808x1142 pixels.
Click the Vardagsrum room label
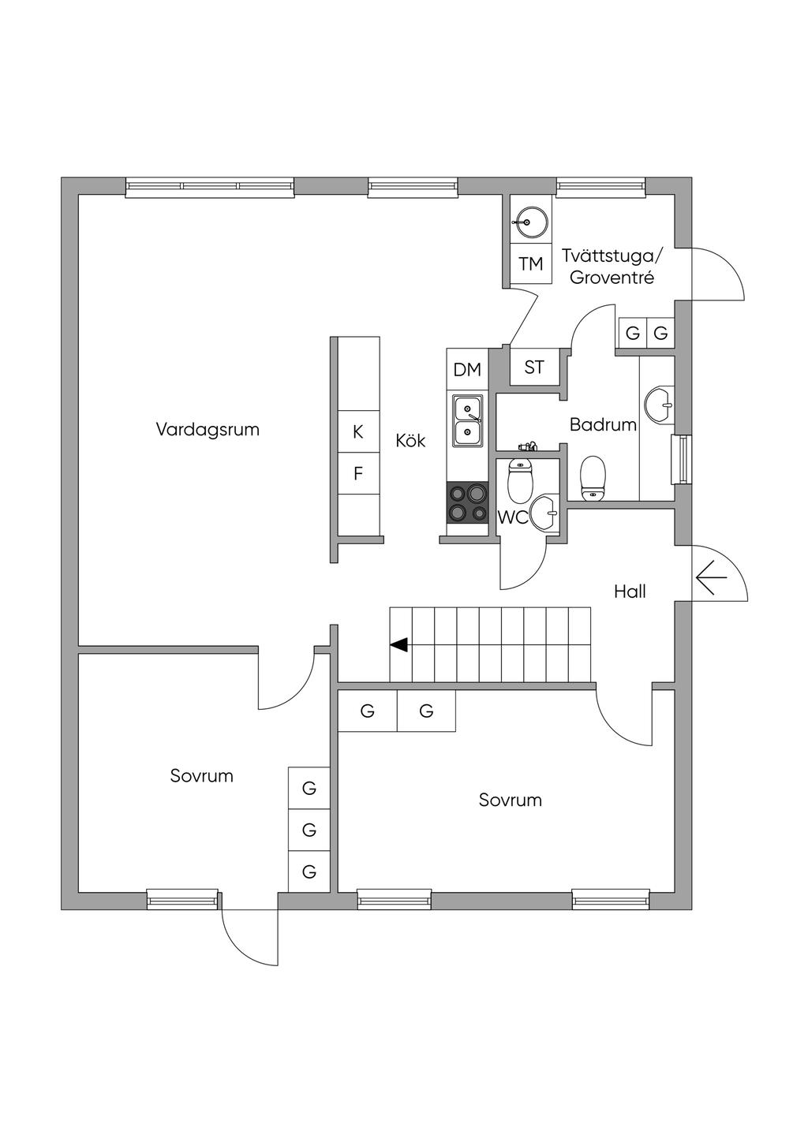208,430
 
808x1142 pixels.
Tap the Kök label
410,441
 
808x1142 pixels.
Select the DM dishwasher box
467,370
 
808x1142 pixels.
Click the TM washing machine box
531,264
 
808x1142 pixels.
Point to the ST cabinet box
534,367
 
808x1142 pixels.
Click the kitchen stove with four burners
467,502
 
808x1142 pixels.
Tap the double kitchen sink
467,421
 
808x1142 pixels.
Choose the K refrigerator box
358,431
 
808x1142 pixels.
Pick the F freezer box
358,474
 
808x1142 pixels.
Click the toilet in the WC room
520,480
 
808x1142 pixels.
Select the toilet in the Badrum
593,478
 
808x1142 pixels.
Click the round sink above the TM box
530,222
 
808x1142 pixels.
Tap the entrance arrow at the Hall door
711,578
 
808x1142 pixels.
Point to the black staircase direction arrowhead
398,645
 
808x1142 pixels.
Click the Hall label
630,592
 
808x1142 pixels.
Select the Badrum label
603,424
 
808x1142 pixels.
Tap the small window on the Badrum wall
681,459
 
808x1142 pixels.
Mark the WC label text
513,517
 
